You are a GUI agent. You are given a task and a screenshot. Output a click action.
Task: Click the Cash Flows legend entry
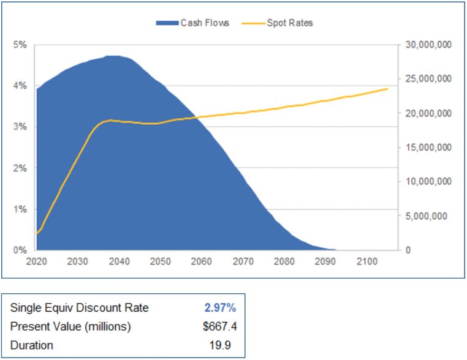point(205,23)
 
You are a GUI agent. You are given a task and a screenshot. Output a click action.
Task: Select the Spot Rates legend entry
point(290,23)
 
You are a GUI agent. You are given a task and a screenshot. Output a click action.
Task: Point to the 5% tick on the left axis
point(20,45)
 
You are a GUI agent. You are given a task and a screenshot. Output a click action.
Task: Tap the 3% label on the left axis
point(20,127)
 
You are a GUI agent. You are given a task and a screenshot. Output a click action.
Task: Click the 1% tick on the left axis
point(20,209)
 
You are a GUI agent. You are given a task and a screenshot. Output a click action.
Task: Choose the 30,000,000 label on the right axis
point(428,45)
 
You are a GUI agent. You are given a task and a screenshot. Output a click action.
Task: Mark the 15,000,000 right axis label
point(428,148)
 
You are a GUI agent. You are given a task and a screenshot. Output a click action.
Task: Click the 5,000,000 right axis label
point(431,216)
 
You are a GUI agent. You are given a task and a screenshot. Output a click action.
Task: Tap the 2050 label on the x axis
point(160,261)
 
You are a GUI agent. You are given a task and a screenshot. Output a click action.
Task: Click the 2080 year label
point(284,261)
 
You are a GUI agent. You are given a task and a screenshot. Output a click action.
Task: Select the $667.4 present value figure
point(219,326)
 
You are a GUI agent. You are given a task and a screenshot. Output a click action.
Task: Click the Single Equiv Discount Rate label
point(80,307)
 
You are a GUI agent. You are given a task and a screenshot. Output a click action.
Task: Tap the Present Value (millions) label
point(70,326)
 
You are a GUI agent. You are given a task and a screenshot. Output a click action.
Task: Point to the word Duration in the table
point(32,345)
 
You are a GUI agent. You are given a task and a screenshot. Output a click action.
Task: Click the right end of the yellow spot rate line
point(387,89)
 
